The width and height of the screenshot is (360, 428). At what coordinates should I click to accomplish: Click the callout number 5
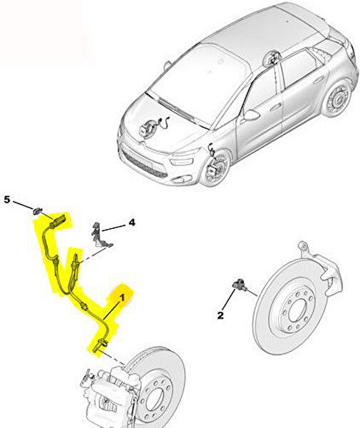(7, 200)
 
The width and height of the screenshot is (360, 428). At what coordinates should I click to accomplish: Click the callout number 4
(132, 223)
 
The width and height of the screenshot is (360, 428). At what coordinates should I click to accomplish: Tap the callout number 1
(122, 297)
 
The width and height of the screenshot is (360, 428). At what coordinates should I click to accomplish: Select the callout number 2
(220, 315)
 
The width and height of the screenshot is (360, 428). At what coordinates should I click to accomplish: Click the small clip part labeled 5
(37, 210)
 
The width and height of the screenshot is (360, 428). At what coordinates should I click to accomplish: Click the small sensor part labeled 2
(240, 285)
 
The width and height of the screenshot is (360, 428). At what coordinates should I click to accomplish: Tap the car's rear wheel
(336, 98)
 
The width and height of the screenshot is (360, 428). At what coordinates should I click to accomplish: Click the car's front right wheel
(215, 168)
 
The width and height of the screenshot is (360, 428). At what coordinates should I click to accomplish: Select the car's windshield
(199, 82)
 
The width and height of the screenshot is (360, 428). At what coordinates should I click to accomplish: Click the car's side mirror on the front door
(251, 115)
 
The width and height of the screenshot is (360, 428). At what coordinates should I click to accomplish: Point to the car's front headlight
(182, 161)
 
